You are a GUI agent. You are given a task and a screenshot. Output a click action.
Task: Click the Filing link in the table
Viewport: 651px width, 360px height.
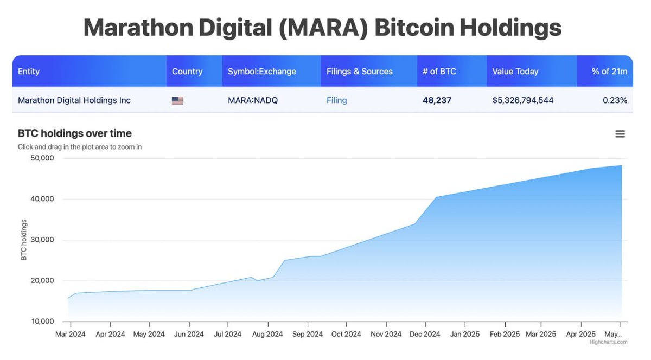tap(336, 100)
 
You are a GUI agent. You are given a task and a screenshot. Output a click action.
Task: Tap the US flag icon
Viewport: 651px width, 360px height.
tap(177, 100)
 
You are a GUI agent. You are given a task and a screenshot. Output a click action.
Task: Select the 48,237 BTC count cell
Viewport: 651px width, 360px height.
tap(437, 100)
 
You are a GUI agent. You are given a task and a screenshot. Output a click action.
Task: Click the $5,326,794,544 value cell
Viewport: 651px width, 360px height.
tap(522, 100)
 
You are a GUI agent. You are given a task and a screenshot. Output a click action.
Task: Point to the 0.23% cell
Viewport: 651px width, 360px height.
tap(615, 100)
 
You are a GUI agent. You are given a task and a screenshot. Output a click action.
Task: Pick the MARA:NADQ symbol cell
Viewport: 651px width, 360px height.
tap(252, 100)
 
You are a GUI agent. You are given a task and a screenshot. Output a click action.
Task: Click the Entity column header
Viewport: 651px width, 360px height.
tap(29, 72)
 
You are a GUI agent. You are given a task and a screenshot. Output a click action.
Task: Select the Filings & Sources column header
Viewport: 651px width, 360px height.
tap(359, 72)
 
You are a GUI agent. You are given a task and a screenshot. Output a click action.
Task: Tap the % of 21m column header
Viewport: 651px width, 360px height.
tap(609, 72)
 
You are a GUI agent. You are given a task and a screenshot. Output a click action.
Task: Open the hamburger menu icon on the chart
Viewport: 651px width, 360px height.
tap(620, 134)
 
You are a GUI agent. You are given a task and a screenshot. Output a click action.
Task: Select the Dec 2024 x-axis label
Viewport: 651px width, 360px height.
tap(424, 334)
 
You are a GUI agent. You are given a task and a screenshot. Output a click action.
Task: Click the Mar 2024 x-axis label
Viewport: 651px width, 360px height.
tap(71, 334)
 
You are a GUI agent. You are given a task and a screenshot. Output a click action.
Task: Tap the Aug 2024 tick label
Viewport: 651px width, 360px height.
tap(267, 334)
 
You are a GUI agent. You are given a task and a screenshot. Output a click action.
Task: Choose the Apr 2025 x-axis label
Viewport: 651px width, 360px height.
tap(580, 334)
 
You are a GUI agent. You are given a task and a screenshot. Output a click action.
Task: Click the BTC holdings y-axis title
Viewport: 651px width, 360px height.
tap(24, 240)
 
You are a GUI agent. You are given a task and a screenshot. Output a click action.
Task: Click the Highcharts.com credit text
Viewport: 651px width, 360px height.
tap(608, 342)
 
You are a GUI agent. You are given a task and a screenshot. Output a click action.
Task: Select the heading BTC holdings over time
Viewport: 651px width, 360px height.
tap(74, 133)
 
